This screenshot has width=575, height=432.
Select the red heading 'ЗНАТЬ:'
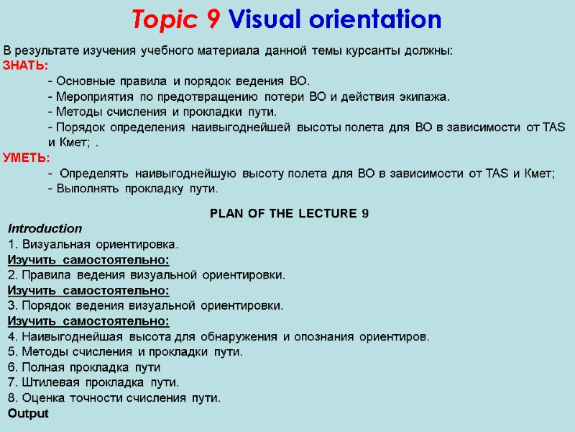(26, 66)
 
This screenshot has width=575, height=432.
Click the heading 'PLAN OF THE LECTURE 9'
(289, 214)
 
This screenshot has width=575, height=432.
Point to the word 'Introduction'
(45, 229)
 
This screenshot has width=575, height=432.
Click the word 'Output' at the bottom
(28, 414)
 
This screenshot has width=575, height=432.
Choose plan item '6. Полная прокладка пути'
(83, 367)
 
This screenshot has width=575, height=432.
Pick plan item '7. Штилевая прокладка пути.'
(93, 382)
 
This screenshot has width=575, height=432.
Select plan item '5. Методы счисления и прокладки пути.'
(125, 352)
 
